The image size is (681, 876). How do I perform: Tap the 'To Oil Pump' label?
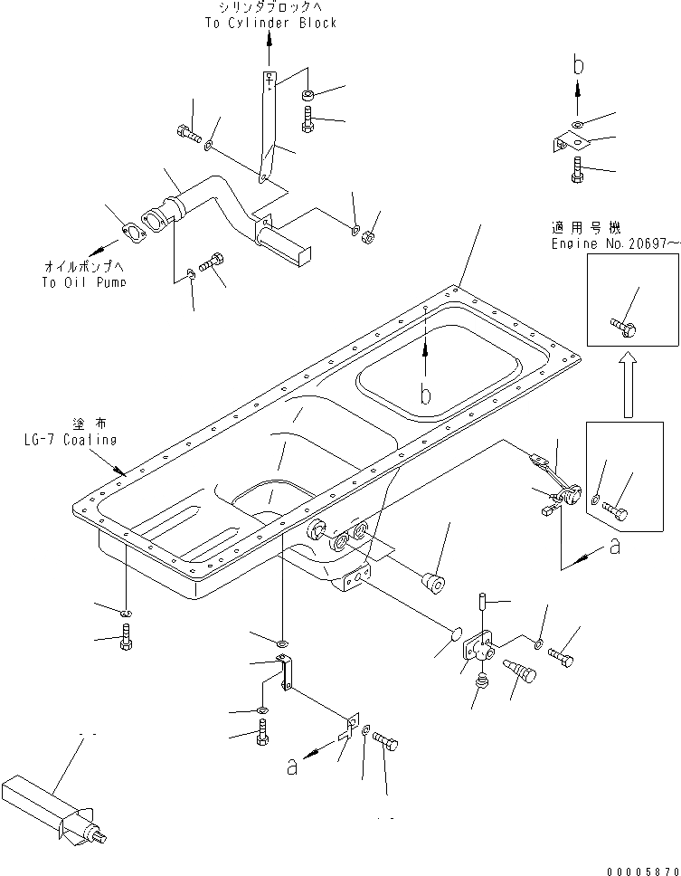click(83, 281)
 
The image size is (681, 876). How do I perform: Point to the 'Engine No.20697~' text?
click(616, 244)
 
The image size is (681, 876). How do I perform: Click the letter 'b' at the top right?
click(580, 64)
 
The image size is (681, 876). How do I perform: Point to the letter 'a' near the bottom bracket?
click(291, 766)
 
